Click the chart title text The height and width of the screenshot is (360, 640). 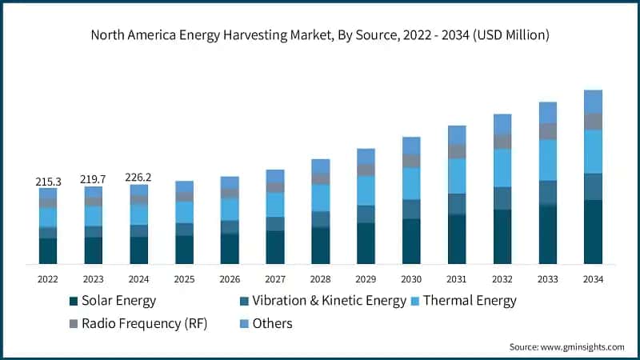tap(320, 34)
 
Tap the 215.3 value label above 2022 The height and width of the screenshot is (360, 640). tap(48, 182)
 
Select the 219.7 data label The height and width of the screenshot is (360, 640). tap(94, 180)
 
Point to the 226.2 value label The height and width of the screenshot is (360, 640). tap(139, 178)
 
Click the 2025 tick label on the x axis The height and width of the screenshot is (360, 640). tap(184, 279)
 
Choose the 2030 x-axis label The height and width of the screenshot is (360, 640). tap(411, 279)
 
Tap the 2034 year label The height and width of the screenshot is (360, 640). tap(593, 279)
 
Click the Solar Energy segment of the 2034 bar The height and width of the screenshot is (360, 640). tap(593, 232)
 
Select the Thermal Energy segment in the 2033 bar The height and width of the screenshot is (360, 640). tap(547, 160)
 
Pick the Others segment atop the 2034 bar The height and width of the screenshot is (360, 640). tap(593, 102)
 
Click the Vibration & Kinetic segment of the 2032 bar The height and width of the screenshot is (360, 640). tap(502, 198)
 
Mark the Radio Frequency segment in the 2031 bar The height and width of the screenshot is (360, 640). tap(457, 151)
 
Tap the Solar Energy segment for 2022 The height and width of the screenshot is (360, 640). tap(48, 250)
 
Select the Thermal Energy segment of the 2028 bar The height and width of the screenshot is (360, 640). tap(321, 198)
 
